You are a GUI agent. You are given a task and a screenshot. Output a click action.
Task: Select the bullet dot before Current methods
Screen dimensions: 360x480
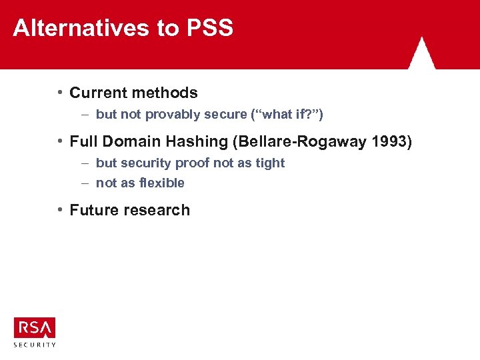[x=60, y=92]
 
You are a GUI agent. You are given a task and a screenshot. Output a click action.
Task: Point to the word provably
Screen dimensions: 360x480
[x=173, y=115]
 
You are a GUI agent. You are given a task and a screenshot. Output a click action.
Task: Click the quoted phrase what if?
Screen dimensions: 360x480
[x=287, y=115]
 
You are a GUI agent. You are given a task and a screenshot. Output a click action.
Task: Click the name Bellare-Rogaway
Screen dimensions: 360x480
[x=293, y=141]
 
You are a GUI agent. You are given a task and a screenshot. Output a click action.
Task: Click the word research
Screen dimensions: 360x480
[x=157, y=210]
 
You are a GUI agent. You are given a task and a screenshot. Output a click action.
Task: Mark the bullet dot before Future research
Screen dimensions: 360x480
[x=60, y=209]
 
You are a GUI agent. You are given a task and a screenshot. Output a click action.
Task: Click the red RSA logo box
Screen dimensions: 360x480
[x=34, y=328]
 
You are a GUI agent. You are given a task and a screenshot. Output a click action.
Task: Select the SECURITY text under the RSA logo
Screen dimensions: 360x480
[x=35, y=345]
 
